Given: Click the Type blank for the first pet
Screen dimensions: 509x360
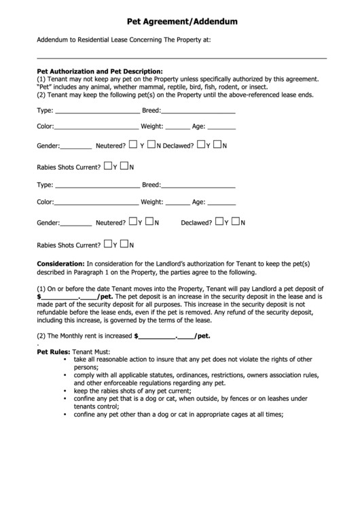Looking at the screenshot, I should [x=96, y=111].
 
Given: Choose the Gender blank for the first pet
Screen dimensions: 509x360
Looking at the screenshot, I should [x=76, y=146].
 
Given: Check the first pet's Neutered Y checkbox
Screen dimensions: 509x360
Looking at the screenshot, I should [x=133, y=144].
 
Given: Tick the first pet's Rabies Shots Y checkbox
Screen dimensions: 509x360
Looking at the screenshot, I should [x=107, y=166].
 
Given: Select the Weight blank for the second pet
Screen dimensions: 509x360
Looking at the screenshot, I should [x=177, y=203].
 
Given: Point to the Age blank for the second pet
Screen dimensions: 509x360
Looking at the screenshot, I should [x=221, y=203].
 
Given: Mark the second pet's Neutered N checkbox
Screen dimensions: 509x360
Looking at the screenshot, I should [x=151, y=222].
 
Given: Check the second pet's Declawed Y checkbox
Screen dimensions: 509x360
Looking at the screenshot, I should [x=219, y=222].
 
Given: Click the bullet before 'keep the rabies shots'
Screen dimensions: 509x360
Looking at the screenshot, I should [x=65, y=391].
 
